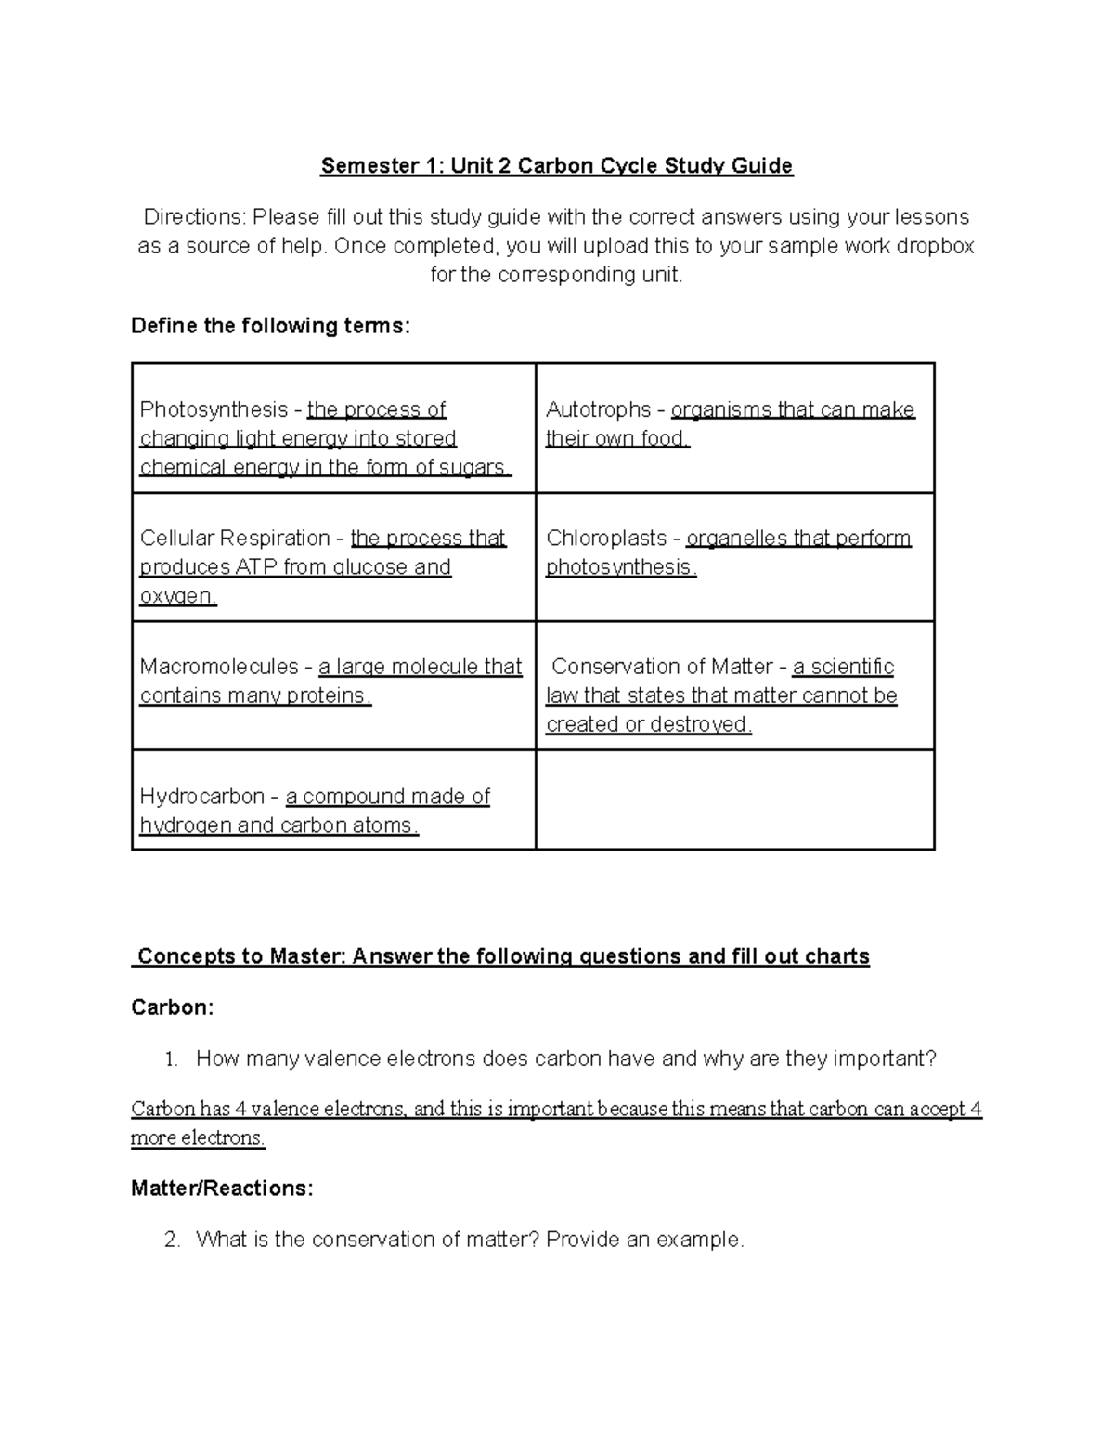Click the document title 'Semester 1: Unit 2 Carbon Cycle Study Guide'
556,166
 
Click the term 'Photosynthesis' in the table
214,409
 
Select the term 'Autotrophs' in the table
598,409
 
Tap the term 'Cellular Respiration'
235,538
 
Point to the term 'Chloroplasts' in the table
606,538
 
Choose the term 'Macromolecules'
219,667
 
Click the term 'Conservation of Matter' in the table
662,667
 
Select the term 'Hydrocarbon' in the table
201,797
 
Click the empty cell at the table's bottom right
734,799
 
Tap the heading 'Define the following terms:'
270,326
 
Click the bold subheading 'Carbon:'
173,1007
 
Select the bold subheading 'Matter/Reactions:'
222,1189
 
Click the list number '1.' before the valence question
170,1059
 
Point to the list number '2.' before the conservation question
171,1240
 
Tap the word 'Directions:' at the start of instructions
194,217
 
